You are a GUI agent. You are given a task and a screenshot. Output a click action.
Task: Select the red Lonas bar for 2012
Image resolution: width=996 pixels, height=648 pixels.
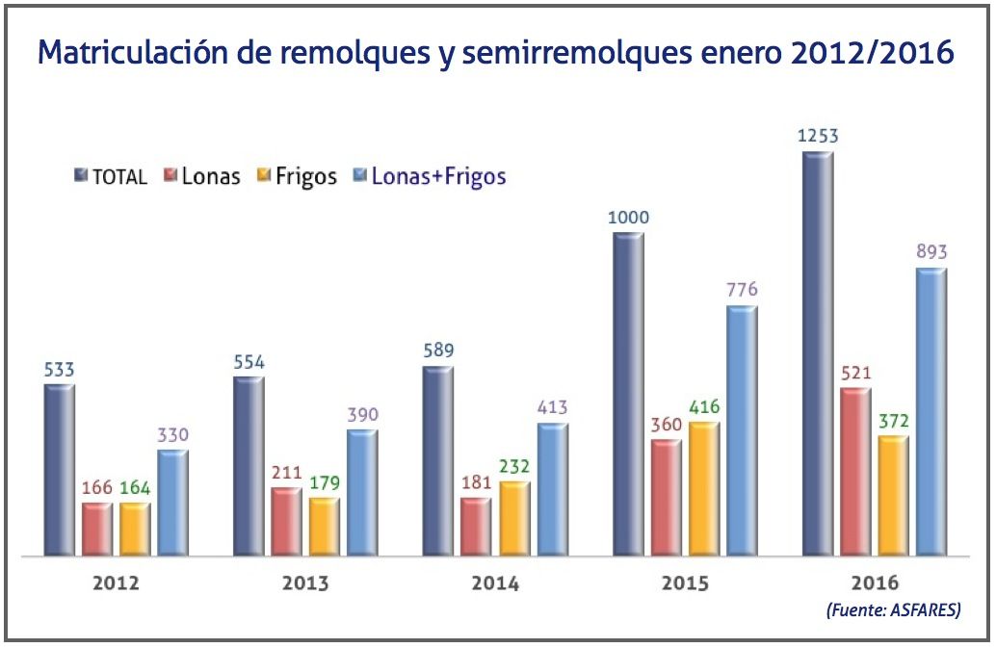pyautogui.click(x=96, y=529)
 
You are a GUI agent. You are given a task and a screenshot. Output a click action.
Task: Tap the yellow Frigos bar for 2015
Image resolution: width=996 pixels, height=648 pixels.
pyautogui.click(x=704, y=488)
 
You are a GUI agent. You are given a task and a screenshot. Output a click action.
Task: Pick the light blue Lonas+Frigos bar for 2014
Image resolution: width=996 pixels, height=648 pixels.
pyautogui.click(x=552, y=489)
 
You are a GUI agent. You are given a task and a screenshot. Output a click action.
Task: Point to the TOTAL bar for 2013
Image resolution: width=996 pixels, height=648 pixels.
pyautogui.click(x=249, y=466)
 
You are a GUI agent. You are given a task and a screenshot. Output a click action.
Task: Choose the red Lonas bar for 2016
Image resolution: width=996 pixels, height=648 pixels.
pyautogui.click(x=854, y=472)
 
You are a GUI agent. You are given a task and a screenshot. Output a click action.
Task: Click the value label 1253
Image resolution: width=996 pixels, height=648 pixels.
pyautogui.click(x=818, y=136)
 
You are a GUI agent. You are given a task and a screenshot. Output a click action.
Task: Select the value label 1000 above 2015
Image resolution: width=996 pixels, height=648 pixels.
pyautogui.click(x=628, y=217)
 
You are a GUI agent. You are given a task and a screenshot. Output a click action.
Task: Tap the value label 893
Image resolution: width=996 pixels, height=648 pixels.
pyautogui.click(x=931, y=252)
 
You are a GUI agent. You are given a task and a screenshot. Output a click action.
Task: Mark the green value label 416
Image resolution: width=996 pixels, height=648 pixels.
pyautogui.click(x=704, y=406)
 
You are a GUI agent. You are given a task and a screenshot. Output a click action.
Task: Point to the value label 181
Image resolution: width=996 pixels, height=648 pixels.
pyautogui.click(x=476, y=481)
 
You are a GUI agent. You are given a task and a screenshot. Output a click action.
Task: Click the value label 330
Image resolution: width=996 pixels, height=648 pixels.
pyautogui.click(x=172, y=434)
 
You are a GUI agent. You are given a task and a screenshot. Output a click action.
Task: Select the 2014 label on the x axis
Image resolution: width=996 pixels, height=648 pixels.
pyautogui.click(x=495, y=583)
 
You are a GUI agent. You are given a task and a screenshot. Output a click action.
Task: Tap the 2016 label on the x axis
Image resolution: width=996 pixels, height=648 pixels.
pyautogui.click(x=875, y=583)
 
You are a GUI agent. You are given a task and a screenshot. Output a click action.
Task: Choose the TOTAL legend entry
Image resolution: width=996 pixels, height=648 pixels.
pyautogui.click(x=111, y=176)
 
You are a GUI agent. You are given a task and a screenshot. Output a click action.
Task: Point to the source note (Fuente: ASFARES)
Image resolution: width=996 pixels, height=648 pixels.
pyautogui.click(x=893, y=610)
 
